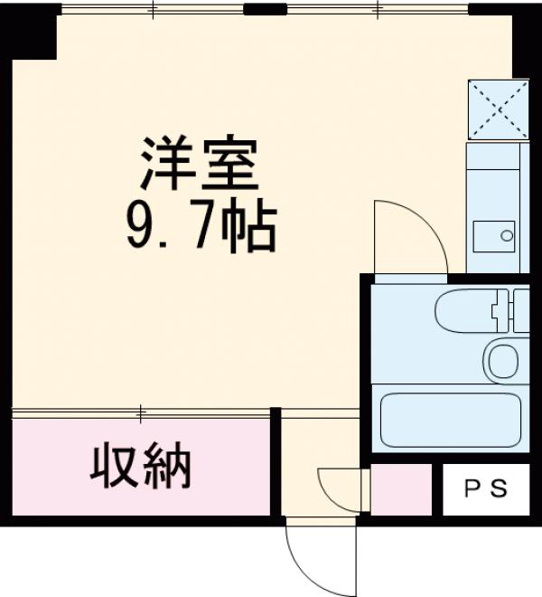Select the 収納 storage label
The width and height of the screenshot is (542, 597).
[x=141, y=467]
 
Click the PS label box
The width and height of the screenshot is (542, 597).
[x=486, y=490]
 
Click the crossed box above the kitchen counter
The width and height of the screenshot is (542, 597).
[x=498, y=109]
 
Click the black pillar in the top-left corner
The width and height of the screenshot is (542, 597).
[x=33, y=33]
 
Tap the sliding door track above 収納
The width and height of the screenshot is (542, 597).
[x=141, y=414]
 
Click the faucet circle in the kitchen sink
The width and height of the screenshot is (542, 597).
[x=507, y=238]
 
